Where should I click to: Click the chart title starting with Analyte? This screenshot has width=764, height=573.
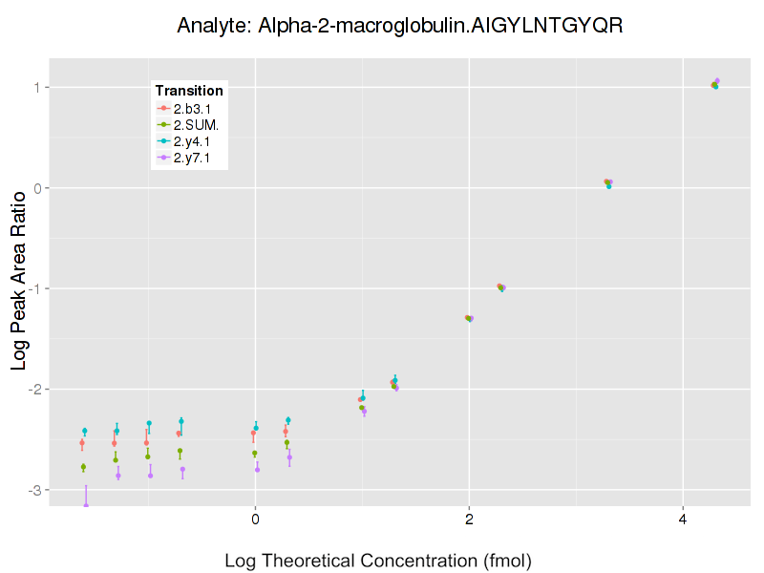pos(400,26)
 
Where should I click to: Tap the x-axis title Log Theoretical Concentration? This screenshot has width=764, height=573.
pos(377,560)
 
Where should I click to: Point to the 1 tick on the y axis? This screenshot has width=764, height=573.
pos(39,88)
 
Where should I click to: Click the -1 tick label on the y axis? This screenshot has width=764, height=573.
pos(36,288)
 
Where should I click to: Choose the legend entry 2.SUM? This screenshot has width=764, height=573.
pos(195,124)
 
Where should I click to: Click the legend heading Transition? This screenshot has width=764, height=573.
pos(189,91)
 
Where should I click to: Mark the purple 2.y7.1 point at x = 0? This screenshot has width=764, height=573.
pos(257,469)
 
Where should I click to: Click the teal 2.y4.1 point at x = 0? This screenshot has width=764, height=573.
pos(256,428)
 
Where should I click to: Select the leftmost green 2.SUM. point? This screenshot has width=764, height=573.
pos(83,467)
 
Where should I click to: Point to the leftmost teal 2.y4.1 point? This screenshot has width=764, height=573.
pos(84,431)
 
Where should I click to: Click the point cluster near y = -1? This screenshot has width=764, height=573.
pos(500,286)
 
